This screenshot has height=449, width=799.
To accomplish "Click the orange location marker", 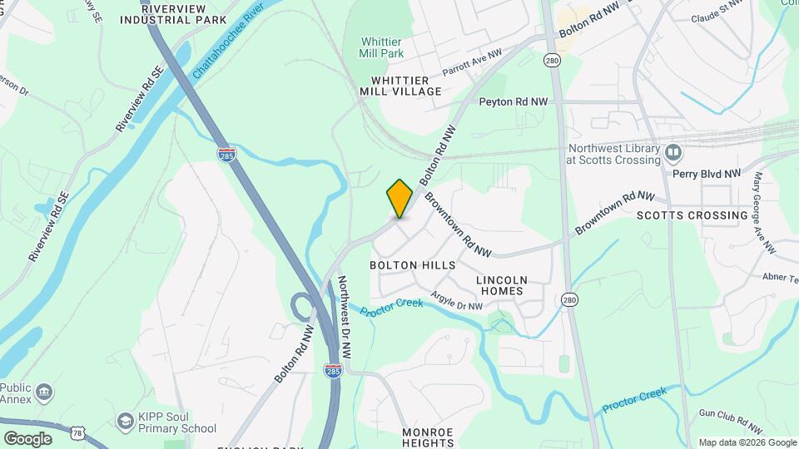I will [399, 198].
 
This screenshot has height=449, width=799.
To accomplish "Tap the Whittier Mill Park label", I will [382, 47].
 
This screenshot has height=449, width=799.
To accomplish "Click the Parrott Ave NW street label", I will [473, 63].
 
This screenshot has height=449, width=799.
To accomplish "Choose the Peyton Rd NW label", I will [514, 101].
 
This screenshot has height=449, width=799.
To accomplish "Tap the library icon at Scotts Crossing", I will [673, 153].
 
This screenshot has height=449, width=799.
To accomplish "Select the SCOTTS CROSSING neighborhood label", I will [692, 215].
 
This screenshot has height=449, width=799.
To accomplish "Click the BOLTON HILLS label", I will [413, 264].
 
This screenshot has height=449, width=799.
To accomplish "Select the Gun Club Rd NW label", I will [732, 422].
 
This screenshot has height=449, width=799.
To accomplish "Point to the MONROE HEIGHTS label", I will [428, 437].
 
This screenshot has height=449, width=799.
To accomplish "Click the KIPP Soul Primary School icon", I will [126, 422].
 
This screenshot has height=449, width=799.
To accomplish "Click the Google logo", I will [27, 438].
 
